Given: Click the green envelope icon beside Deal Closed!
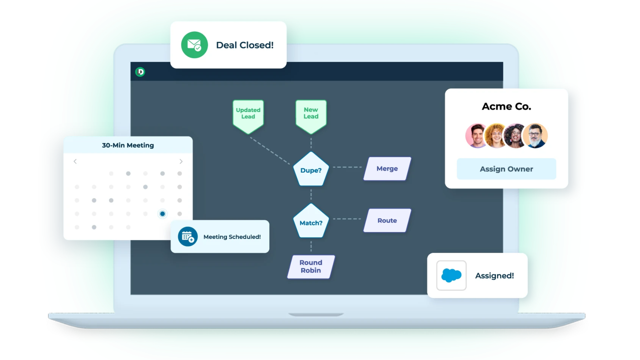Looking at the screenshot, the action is point(194,45).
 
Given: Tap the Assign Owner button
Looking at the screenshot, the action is point(506,169).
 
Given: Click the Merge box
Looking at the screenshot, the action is point(387,169).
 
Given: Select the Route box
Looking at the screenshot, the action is point(387,220).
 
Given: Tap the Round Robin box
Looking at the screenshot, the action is point(311,267).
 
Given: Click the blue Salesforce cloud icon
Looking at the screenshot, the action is point(451,275).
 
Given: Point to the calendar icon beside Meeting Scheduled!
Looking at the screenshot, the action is point(188,237).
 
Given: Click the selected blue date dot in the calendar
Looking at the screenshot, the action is point(162,214).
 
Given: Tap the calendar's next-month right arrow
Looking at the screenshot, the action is point(181,161).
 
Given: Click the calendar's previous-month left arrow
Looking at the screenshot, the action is point(75,161).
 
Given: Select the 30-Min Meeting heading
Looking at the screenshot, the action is point(128,145).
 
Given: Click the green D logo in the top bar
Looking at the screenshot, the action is point(140,72).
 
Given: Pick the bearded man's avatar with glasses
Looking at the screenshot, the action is point(535,136).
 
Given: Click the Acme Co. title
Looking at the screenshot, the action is point(506,106).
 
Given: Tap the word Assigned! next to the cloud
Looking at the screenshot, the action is point(494,276).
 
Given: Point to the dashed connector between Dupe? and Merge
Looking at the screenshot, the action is point(347,167).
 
